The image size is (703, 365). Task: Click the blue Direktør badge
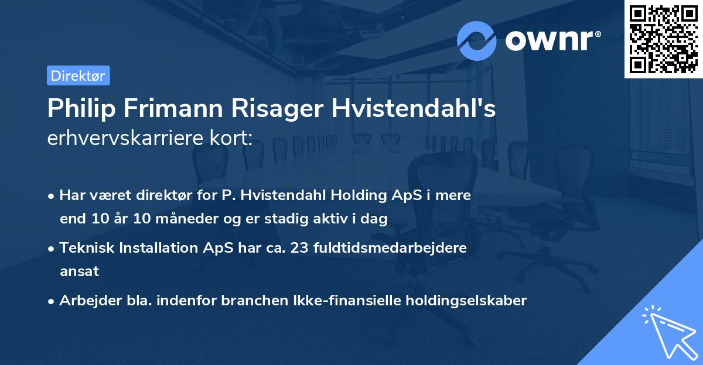pyautogui.click(x=78, y=75)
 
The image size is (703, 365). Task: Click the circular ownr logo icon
pyautogui.click(x=477, y=40)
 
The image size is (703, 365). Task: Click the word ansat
pyautogui.click(x=79, y=271)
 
